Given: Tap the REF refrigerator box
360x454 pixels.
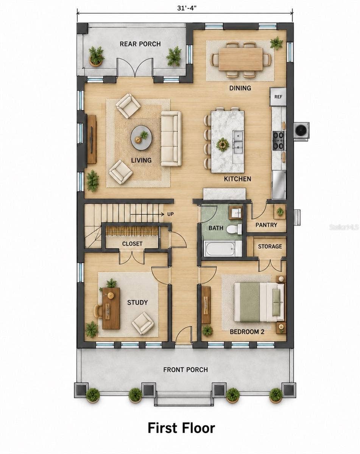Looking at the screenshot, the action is tap(278, 96).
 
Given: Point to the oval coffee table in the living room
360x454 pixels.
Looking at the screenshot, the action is tap(141, 138).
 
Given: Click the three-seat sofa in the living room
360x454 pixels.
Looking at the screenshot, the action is tap(171, 138).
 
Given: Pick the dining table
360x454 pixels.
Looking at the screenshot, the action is tap(240, 59).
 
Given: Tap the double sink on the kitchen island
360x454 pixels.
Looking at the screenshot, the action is tap(238, 142).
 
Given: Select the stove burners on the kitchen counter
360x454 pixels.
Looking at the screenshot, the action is tap(279, 140).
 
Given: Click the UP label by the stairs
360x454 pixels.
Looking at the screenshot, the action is tap(170, 214).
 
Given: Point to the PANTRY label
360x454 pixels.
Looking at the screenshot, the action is tap(266, 225).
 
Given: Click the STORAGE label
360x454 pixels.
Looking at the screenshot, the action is tap(270, 246).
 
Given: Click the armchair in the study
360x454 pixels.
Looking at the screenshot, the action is tap(143, 323).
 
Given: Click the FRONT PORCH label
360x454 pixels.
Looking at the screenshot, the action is tap(185, 370).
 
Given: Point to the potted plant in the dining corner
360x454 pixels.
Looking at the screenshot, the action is tap(276, 43).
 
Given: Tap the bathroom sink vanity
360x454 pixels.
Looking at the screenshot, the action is tap(235, 213).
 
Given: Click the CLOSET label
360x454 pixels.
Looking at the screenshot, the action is tap(132, 244).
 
